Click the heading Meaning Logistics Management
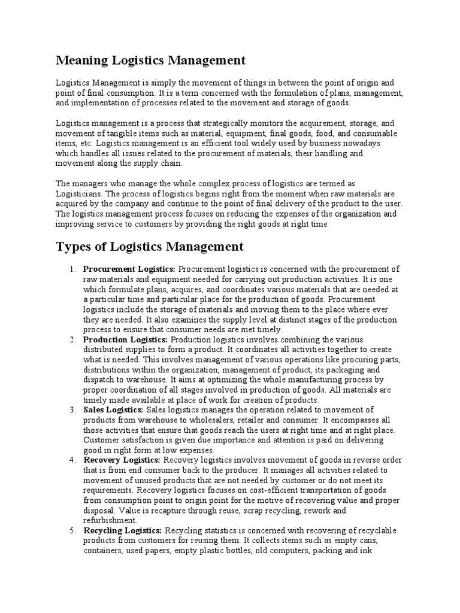[150, 60]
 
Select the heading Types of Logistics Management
[149, 247]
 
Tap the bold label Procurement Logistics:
[129, 269]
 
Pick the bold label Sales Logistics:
[113, 409]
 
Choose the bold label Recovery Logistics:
[122, 460]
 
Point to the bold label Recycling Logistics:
[123, 530]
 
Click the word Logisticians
[79, 194]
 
